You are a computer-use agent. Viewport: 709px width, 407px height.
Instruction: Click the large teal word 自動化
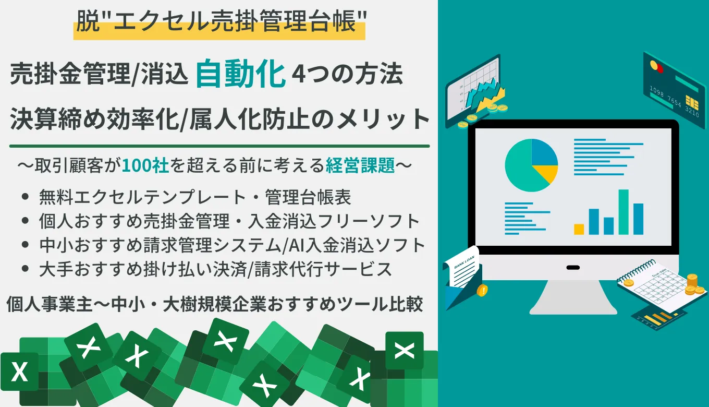point(241,75)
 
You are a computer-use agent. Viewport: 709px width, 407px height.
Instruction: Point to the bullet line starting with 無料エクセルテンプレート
point(195,197)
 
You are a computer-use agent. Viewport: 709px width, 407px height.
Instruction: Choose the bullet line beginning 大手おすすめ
point(215,269)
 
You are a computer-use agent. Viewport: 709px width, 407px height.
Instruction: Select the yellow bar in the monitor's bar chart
point(579,229)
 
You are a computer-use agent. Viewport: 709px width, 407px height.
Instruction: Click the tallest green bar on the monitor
point(624,212)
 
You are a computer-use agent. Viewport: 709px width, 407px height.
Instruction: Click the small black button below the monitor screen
point(573,268)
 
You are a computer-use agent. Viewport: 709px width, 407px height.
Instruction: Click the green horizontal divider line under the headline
point(219,146)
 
